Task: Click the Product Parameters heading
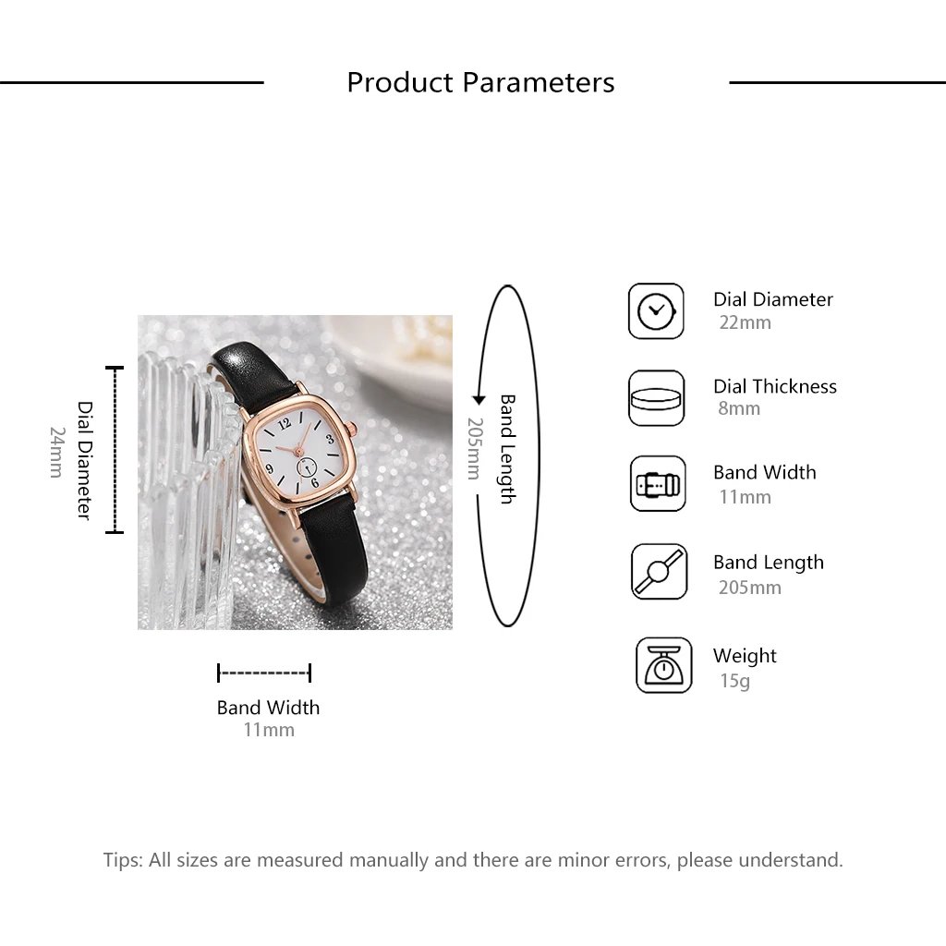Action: point(480,82)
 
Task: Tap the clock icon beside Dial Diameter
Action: point(656,311)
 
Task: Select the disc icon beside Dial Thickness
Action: point(656,398)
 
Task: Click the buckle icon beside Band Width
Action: point(658,484)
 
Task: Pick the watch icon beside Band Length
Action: point(659,572)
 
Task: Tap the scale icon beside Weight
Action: point(663,665)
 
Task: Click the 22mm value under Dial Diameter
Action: point(745,322)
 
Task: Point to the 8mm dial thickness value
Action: point(739,408)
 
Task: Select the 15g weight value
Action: point(734,681)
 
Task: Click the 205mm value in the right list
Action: point(749,587)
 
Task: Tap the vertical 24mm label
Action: point(57,452)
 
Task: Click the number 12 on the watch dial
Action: point(284,423)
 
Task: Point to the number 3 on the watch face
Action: point(330,440)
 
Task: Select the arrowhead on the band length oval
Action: point(479,399)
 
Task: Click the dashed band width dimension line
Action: point(264,673)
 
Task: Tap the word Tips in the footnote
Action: point(121,860)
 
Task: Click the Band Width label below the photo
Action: point(268,708)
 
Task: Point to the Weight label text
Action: point(744,656)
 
